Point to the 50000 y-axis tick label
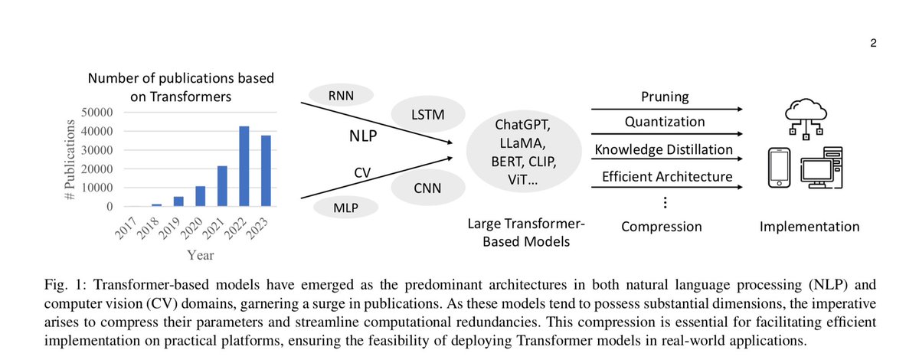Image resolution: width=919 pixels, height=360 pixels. (x=96, y=112)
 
